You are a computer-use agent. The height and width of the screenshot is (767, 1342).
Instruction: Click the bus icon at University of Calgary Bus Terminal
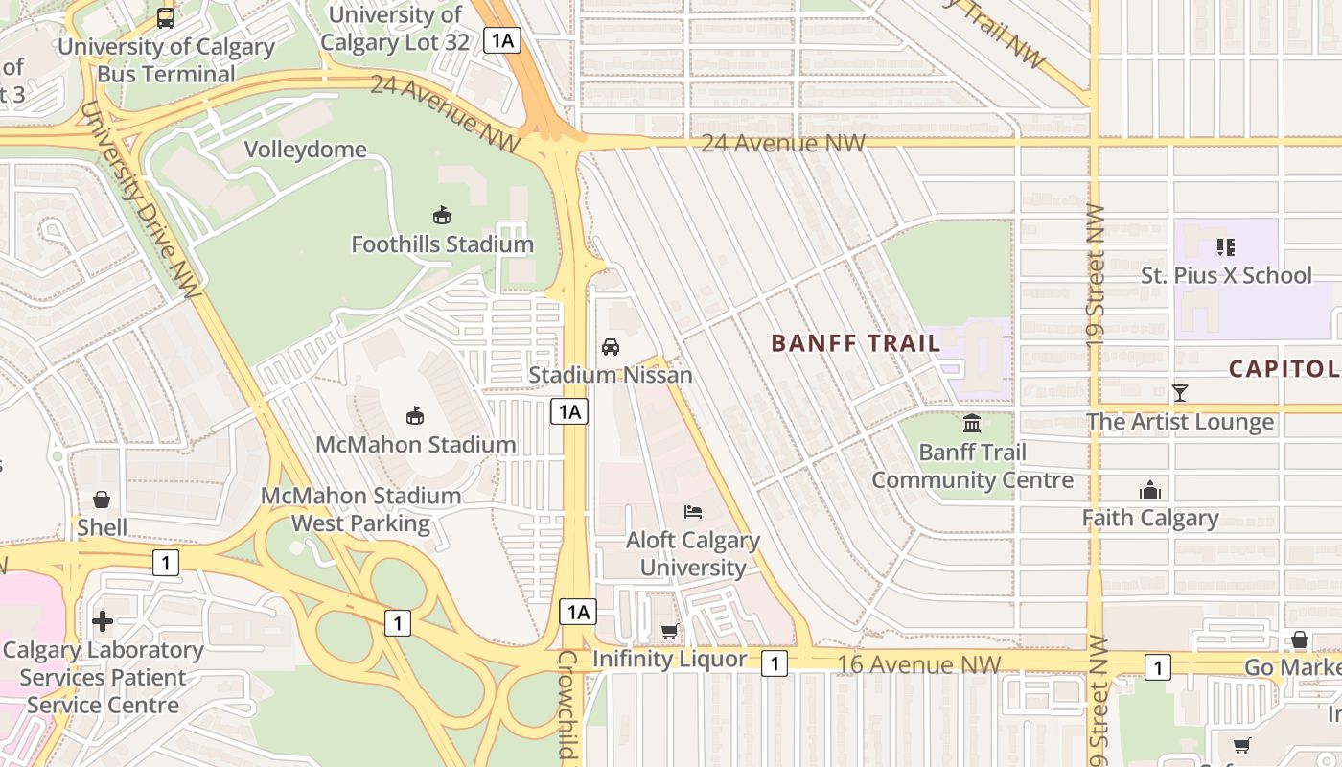166,17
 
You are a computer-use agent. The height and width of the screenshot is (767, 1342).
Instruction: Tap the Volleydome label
305,150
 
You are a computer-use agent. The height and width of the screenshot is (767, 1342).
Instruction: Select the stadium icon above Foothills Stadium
442,215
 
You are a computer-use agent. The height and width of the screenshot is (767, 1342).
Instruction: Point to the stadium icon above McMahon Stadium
415,415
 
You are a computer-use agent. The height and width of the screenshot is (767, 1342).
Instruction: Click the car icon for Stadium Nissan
611,346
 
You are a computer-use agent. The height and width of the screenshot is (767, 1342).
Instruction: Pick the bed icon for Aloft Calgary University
692,512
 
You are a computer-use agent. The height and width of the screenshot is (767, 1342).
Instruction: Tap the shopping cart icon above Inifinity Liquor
669,631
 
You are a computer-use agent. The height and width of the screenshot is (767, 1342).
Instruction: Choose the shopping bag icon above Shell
102,500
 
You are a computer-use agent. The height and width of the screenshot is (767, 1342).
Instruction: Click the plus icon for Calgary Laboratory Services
103,621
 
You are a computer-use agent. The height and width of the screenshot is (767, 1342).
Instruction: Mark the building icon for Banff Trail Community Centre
972,423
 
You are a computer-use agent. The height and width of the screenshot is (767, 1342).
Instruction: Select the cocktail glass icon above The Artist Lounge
1180,393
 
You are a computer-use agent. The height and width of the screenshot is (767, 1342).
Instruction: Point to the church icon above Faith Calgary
1149,491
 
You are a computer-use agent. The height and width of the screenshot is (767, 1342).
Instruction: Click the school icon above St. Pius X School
1225,247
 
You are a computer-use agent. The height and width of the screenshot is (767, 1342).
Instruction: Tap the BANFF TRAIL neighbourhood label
855,343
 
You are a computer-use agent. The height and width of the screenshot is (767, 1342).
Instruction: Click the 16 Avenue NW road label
918,664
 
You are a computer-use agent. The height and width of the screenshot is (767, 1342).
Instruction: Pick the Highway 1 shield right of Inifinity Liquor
775,662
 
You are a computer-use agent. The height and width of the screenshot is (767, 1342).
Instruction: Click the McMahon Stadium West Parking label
361,509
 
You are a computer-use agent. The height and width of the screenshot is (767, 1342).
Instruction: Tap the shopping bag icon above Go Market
1299,639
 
